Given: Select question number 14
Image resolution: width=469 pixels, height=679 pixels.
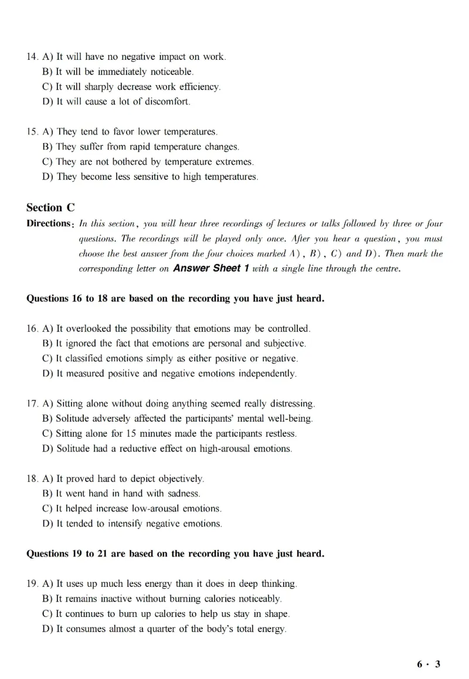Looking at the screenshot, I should click(x=32, y=57).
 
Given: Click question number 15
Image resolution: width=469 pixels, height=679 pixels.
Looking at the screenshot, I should click(x=32, y=131).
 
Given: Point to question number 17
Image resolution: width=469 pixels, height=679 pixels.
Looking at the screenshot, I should click(x=32, y=404).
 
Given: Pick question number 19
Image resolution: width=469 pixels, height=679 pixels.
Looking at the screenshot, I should click(x=32, y=584).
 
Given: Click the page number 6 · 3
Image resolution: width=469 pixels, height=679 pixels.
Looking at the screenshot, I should click(x=429, y=664).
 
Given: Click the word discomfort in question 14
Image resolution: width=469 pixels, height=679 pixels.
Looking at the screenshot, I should click(x=168, y=101).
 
